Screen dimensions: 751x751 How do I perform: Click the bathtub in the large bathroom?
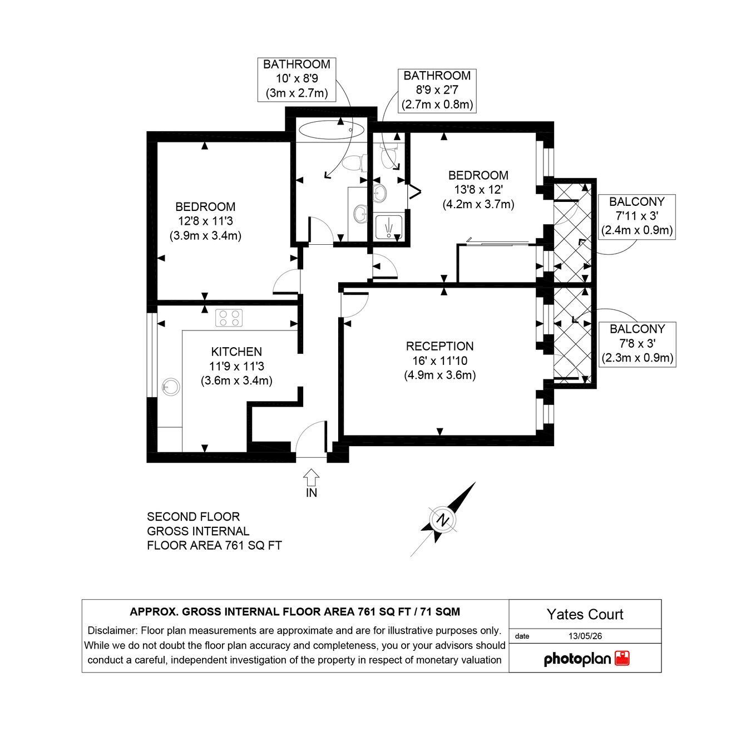(331, 130)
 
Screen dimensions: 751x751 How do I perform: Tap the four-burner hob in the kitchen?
(229, 318)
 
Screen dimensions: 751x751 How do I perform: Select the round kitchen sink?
(171, 387)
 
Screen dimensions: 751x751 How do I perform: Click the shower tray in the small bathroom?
(389, 228)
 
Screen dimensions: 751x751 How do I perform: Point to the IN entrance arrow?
(312, 477)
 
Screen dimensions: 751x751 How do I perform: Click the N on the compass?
(442, 520)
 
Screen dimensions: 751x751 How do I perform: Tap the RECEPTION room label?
(439, 346)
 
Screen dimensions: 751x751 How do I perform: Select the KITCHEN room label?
(236, 352)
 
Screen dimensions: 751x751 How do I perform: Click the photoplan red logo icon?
(622, 659)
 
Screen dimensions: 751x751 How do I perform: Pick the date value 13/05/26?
(585, 636)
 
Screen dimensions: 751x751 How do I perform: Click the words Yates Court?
(585, 614)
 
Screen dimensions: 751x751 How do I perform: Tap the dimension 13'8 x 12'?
(478, 190)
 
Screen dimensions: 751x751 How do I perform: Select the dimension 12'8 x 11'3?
(205, 221)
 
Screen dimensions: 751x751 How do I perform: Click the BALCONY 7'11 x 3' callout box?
(637, 216)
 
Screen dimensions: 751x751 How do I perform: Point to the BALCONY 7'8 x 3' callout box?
(637, 344)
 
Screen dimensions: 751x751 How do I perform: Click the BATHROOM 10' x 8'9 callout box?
(297, 79)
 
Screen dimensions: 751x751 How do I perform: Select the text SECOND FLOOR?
(193, 517)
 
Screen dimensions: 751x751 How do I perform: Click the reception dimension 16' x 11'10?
(439, 360)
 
